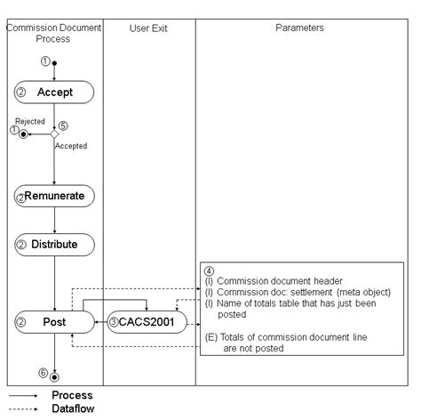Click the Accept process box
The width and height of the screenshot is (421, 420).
[x=54, y=92]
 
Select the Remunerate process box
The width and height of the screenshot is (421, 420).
[x=54, y=196]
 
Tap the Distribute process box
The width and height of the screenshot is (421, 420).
[x=54, y=244]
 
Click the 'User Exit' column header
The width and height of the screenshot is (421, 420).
[x=148, y=28]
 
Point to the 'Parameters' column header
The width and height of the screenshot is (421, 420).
[x=299, y=28]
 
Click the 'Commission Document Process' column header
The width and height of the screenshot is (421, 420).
[x=54, y=34]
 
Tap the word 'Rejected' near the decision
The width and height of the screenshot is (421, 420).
[x=29, y=121]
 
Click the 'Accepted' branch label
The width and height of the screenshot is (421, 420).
[x=71, y=145]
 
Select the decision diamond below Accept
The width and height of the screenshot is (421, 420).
[x=54, y=133]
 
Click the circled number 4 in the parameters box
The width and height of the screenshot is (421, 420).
[x=208, y=269]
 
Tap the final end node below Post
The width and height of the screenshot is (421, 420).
[x=55, y=377]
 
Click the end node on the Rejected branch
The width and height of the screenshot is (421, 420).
[x=24, y=133]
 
